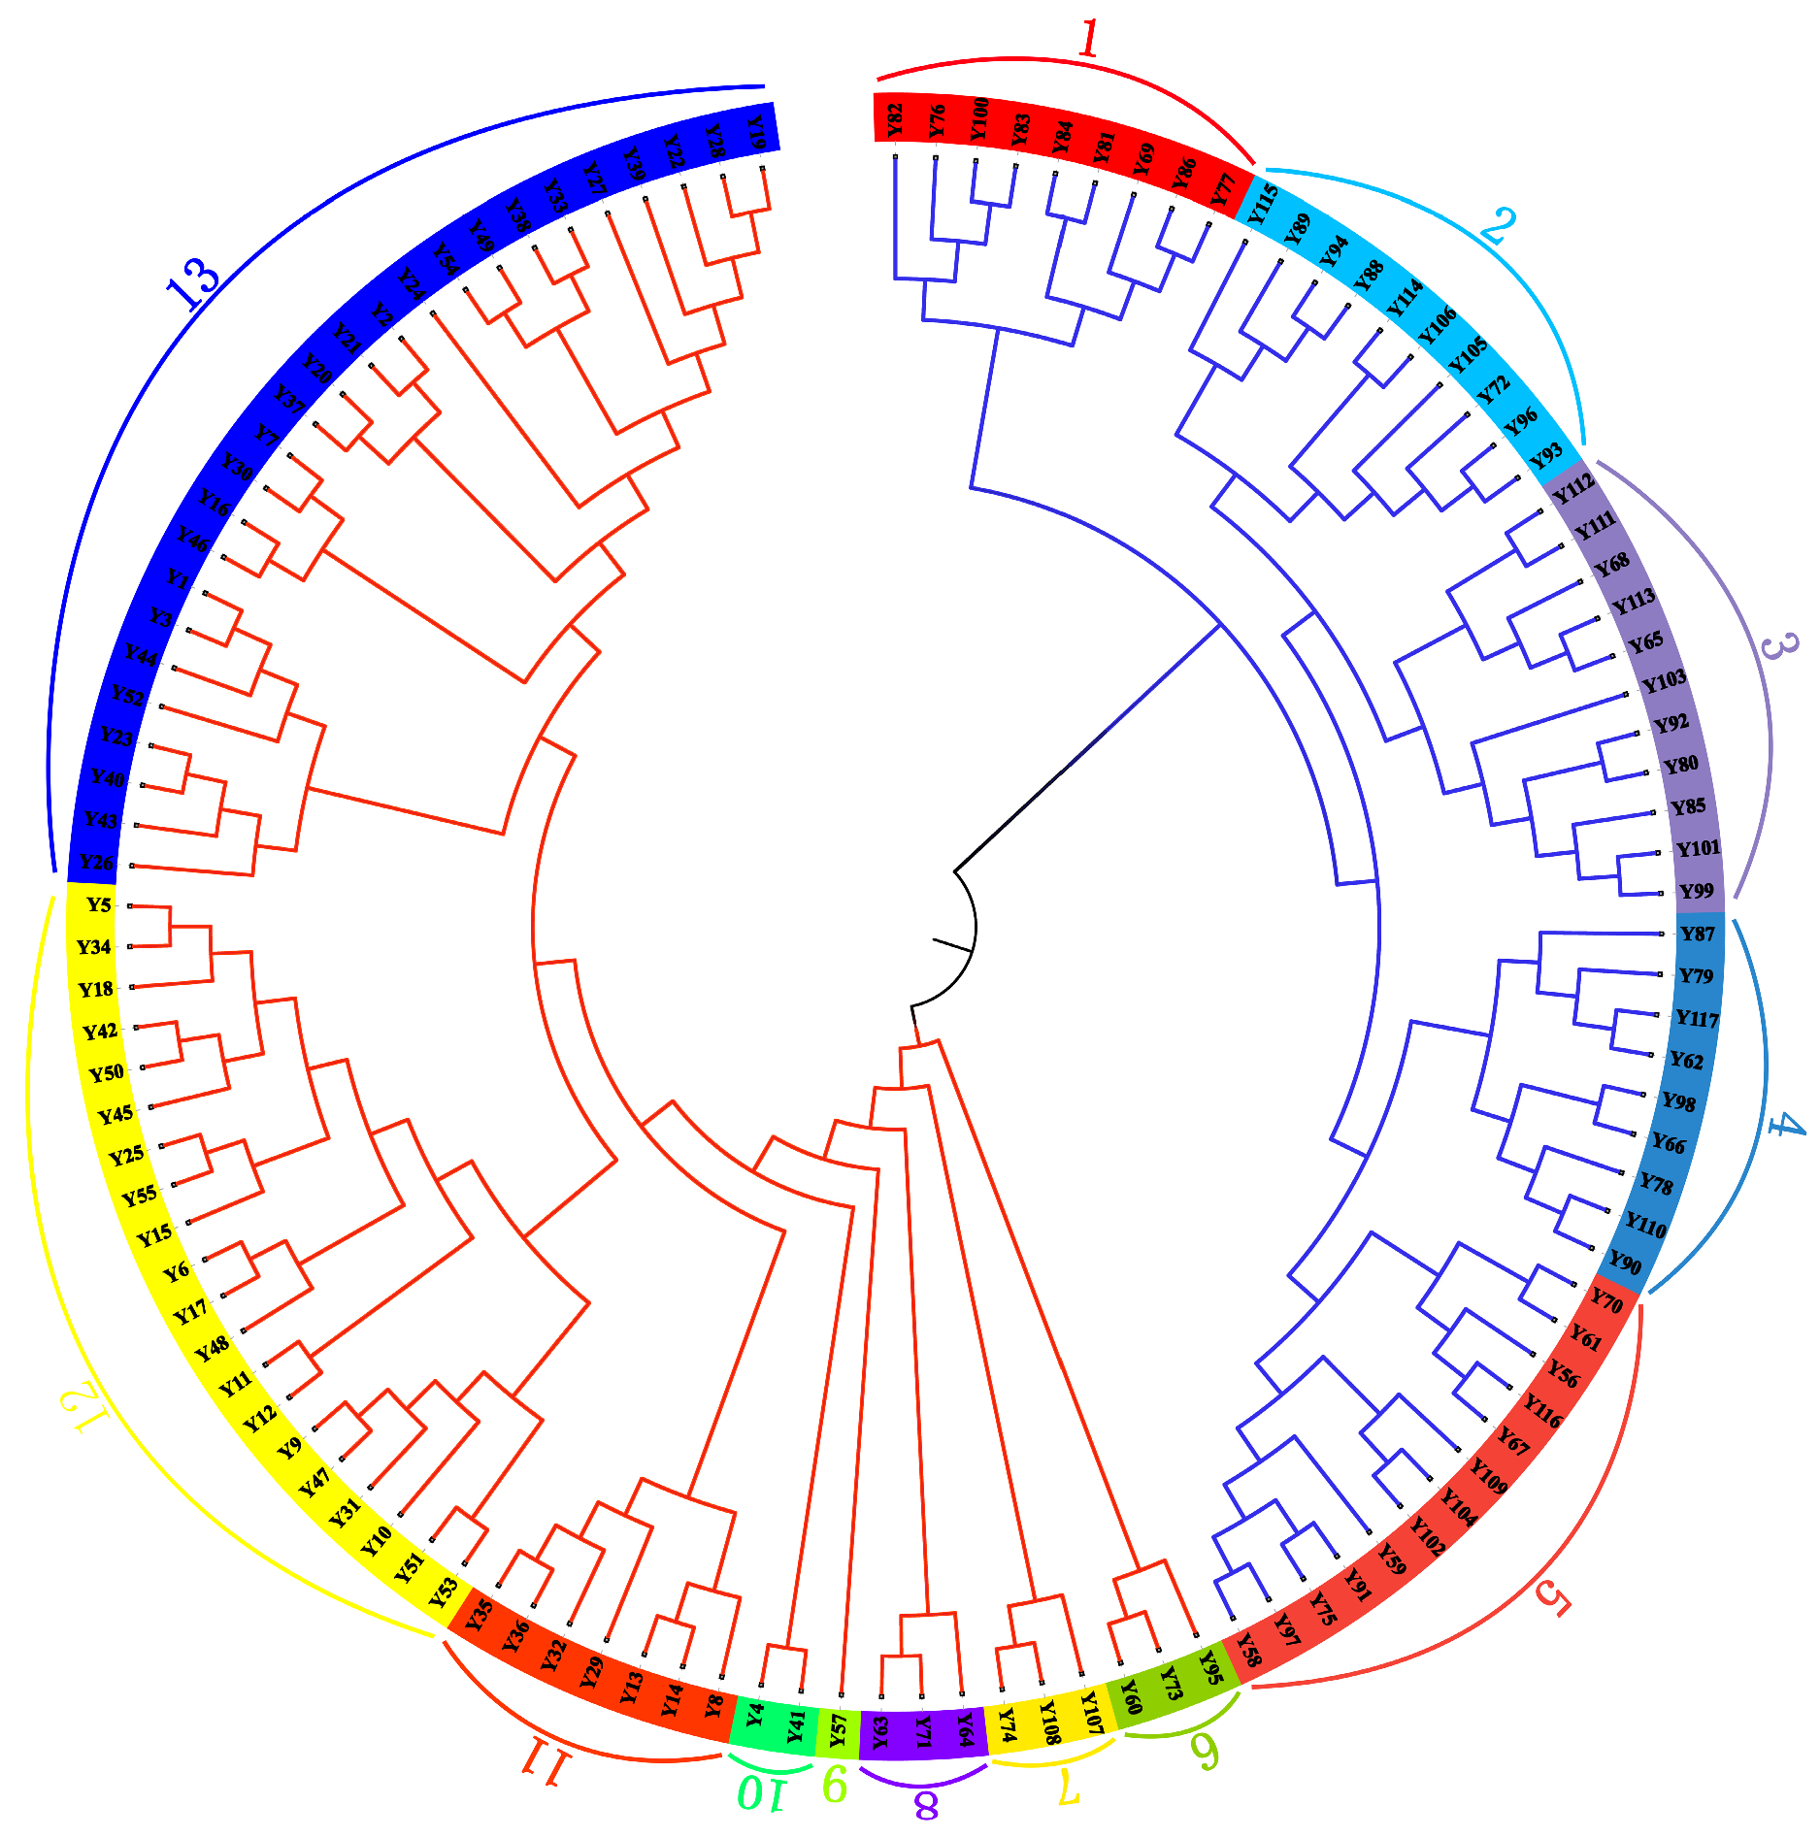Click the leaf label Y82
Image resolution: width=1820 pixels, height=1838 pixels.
(x=895, y=120)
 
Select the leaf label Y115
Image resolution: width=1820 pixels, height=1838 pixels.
(x=1262, y=204)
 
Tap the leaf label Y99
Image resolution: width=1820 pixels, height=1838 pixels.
(x=1697, y=891)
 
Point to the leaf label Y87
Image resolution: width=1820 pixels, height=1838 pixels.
(x=1698, y=934)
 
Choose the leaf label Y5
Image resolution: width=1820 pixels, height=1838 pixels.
(x=99, y=905)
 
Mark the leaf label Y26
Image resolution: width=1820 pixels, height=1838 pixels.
(x=96, y=862)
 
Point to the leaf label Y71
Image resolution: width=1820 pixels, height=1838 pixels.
(x=923, y=1731)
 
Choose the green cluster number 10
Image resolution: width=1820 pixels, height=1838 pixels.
(x=759, y=1792)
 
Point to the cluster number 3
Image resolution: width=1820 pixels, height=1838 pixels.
(x=1777, y=646)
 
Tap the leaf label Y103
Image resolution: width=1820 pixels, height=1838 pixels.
(x=1664, y=681)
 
